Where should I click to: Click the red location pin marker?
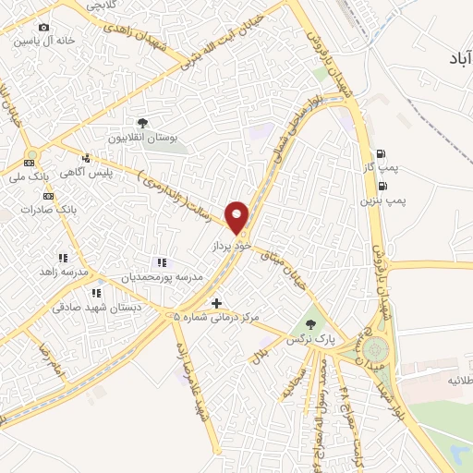pyautogui.click(x=237, y=216)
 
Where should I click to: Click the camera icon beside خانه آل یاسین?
pyautogui.click(x=43, y=28)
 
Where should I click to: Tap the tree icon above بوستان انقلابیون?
pyautogui.click(x=142, y=123)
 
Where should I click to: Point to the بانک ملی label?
pyautogui.click(x=29, y=176)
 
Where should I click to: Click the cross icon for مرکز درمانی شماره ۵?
pyautogui.click(x=216, y=303)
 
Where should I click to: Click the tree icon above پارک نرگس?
pyautogui.click(x=309, y=325)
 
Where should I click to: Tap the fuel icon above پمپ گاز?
pyautogui.click(x=381, y=154)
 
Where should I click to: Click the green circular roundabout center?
pyautogui.click(x=376, y=350)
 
